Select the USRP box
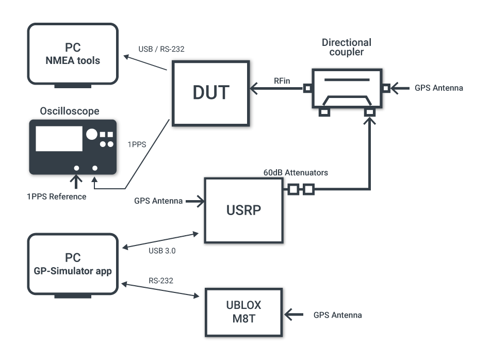pos(243,210)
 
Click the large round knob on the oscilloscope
pos(92,135)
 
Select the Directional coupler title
pos(346,47)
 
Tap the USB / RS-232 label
pos(161,50)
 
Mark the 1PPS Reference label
pos(57,197)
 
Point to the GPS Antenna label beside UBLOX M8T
pos(337,315)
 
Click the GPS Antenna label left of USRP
pos(158,201)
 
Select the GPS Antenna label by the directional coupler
pos(438,88)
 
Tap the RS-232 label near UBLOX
pos(160,281)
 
